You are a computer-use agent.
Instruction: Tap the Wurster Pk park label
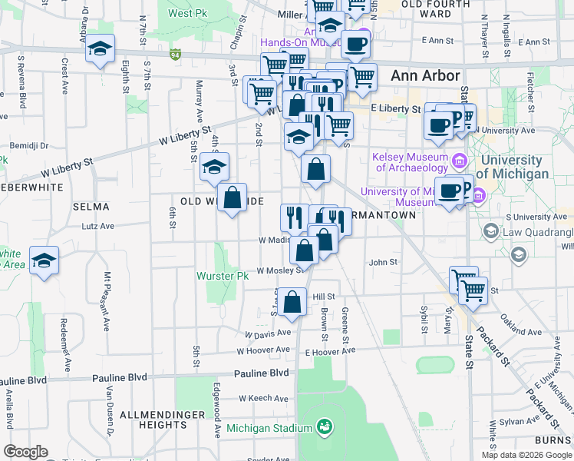point(222,276)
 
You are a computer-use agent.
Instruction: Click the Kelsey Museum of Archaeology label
point(410,162)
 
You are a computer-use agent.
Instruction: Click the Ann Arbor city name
point(425,75)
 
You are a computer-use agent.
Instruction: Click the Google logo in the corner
point(25,452)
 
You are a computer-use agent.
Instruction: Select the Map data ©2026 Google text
point(526,455)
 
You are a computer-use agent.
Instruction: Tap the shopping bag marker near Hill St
point(292,302)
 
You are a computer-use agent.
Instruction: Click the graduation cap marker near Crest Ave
point(100,49)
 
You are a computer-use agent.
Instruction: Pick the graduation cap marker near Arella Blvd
point(45,260)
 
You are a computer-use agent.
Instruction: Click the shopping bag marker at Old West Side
point(233,197)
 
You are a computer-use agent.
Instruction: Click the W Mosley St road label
point(279,270)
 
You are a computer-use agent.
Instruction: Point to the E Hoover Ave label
point(330,351)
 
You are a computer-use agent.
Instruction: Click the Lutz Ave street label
point(98,226)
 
